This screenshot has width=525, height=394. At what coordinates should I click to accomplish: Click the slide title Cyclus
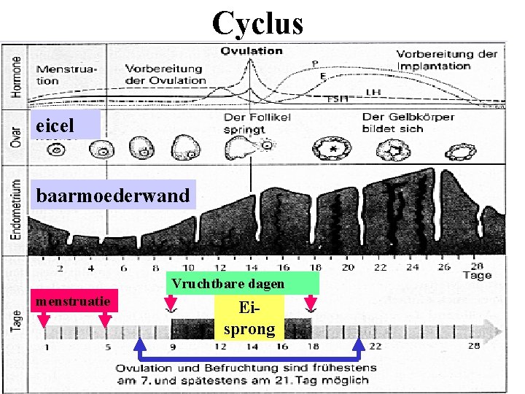click(257, 23)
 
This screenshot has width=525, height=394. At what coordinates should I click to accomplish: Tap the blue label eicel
click(63, 125)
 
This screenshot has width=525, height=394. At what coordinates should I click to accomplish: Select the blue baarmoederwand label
click(113, 196)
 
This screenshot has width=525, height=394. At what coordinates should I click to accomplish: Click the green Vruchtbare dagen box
click(242, 283)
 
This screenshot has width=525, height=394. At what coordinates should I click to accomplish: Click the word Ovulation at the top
click(252, 51)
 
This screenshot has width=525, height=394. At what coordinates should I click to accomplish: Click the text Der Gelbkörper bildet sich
click(408, 122)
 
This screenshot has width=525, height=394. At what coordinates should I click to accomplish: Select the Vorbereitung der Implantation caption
click(446, 60)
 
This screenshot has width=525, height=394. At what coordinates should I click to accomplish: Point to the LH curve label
click(373, 91)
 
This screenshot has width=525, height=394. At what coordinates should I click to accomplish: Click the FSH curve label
click(337, 98)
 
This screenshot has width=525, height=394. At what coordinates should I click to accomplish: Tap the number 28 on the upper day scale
click(477, 266)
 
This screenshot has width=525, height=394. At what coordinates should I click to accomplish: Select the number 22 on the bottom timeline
click(376, 346)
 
